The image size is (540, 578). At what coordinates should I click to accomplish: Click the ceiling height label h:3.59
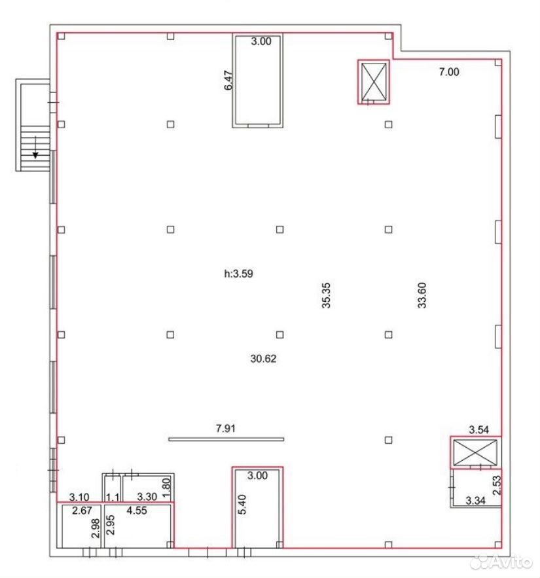(x=238, y=274)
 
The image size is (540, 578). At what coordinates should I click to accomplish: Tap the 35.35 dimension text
(x=326, y=295)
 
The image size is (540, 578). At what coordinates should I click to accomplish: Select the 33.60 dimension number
(x=422, y=295)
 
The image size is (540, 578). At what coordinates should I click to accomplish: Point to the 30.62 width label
(x=263, y=358)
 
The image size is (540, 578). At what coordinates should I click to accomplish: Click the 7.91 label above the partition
(x=225, y=428)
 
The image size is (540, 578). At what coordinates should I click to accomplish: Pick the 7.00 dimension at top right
(x=449, y=72)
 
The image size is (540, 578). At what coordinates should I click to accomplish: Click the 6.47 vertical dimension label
(x=228, y=81)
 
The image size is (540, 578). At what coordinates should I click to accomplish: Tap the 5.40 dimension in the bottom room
(x=242, y=504)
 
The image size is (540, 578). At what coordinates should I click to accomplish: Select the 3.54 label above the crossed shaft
(x=479, y=429)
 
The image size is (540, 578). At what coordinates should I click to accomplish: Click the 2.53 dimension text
(x=497, y=485)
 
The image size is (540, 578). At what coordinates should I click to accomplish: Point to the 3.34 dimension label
(x=475, y=501)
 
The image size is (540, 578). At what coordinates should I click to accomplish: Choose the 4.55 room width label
(x=137, y=511)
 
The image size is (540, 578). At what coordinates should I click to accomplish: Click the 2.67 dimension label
(x=82, y=511)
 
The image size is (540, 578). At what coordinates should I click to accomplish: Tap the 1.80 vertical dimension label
(x=167, y=487)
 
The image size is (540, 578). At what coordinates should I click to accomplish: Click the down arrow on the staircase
(x=35, y=147)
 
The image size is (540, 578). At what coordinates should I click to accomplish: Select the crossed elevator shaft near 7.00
(x=374, y=82)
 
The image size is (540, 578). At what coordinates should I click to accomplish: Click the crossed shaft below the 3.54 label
(x=475, y=452)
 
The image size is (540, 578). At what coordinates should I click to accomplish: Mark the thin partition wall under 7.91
(x=226, y=439)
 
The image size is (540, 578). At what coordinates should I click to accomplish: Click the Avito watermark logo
(x=503, y=562)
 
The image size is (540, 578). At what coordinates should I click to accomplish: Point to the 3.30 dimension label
(x=147, y=497)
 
